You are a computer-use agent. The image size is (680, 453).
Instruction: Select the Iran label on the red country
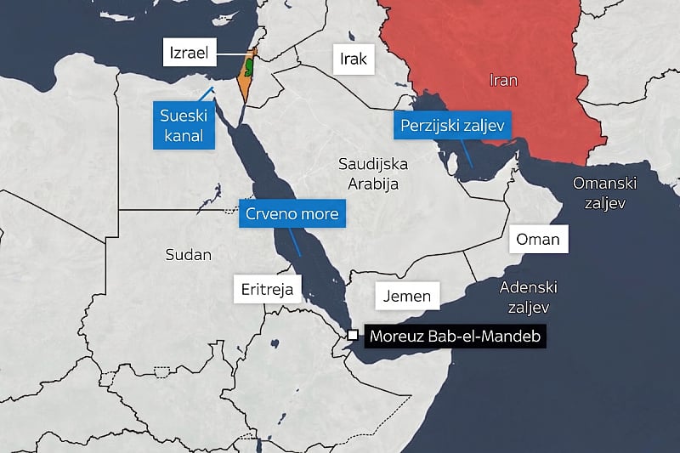(x=503, y=81)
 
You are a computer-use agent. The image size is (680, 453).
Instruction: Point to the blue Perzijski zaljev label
(x=452, y=127)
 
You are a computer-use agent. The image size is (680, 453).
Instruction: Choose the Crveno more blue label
(x=292, y=214)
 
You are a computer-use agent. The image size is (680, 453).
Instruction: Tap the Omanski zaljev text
(x=604, y=193)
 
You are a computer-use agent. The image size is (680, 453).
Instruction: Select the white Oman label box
(x=538, y=240)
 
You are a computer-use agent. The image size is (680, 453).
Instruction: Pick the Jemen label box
(x=408, y=297)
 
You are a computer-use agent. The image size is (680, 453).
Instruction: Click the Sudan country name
(x=189, y=254)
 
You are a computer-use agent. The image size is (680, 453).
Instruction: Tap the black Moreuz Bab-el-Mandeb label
(x=455, y=336)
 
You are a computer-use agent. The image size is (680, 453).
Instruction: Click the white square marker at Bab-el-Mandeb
(x=353, y=335)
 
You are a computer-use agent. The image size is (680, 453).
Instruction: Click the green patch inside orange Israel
(x=250, y=64)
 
